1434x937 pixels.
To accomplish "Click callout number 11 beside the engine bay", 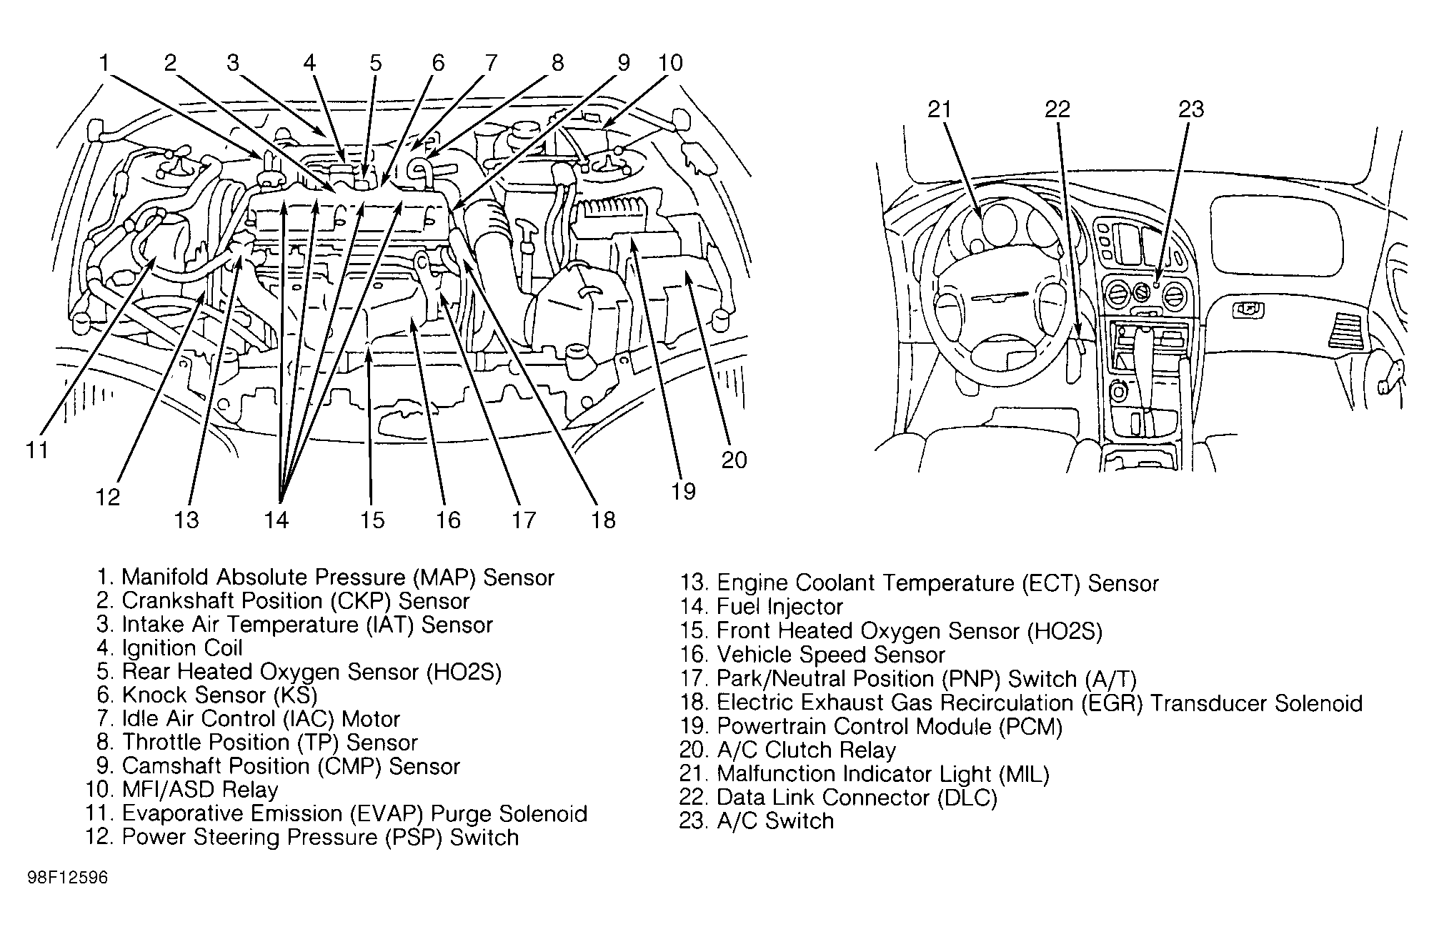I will point(36,450).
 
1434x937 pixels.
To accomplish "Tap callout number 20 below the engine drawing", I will point(734,460).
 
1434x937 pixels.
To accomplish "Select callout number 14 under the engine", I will point(276,520).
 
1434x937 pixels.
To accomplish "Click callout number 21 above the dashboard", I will point(940,109).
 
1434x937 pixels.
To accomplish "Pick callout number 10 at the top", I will point(670,63).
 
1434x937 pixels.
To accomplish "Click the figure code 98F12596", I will point(68,877).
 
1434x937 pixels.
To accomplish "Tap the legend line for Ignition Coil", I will point(182,648).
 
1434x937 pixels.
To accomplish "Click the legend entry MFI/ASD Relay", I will point(200,790).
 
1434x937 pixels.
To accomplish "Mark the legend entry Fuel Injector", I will point(780,608).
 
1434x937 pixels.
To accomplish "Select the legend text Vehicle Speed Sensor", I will point(830,655).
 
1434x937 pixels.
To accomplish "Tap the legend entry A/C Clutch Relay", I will point(806,750).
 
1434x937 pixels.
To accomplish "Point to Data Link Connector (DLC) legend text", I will point(857,798).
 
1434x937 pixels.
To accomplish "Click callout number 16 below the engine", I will point(448,520).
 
